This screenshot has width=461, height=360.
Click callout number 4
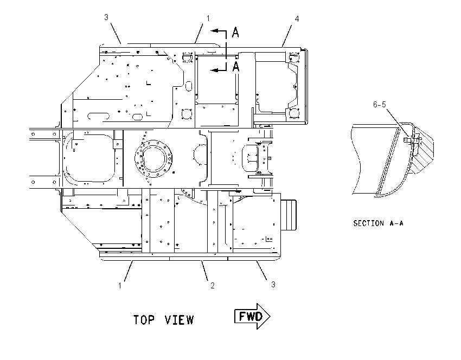297,19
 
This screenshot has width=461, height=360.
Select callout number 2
212,285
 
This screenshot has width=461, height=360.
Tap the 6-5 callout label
379,104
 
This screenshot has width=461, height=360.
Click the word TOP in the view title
144,320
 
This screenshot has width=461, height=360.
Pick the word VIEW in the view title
179,320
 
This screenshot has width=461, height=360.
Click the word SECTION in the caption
369,223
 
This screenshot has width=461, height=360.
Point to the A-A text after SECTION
396,223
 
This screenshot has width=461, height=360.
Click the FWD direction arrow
252,316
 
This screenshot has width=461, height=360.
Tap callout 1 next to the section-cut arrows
208,18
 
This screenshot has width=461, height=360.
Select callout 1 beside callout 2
120,286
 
